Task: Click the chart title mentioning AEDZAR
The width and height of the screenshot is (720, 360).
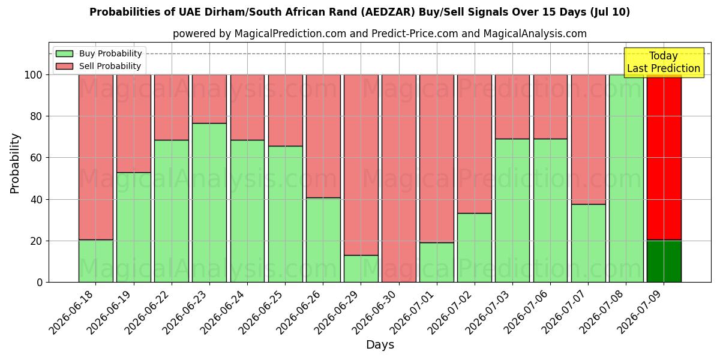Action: tap(359, 12)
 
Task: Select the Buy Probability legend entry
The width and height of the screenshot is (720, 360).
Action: tap(98, 53)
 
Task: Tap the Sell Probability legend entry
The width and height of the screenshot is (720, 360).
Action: tap(98, 66)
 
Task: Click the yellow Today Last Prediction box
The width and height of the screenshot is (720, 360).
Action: tap(664, 62)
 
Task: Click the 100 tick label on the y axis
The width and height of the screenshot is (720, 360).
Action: tap(34, 75)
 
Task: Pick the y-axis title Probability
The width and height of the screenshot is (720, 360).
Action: tap(15, 163)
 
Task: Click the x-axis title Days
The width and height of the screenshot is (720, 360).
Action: tap(380, 344)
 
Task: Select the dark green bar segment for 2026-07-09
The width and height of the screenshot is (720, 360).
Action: tap(664, 262)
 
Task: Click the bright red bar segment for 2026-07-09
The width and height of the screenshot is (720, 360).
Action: tap(664, 157)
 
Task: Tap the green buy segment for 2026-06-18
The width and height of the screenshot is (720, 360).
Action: tap(96, 261)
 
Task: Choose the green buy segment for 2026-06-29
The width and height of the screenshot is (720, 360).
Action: tap(361, 269)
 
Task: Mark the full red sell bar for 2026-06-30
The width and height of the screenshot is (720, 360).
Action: tap(399, 178)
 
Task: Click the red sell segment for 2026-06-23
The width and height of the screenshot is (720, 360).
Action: tap(209, 99)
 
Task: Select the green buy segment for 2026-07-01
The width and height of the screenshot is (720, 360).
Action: tap(437, 262)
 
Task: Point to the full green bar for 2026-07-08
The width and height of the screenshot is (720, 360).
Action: tap(626, 178)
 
